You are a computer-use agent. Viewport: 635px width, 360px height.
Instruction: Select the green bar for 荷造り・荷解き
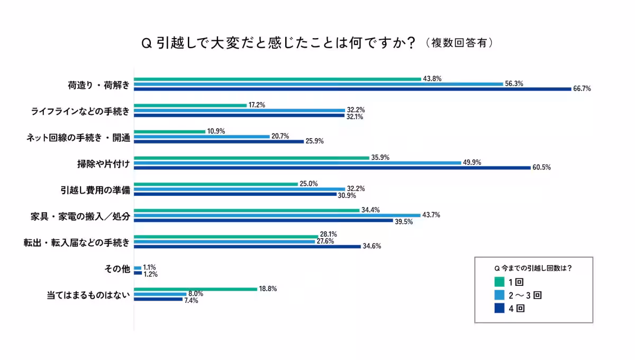coord(278,79)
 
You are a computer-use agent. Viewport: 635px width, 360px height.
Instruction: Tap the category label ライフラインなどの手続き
coord(79,110)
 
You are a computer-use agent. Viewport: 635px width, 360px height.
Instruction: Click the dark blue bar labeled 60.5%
coord(332,168)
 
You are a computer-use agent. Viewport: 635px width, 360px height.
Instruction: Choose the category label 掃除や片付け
coord(100,163)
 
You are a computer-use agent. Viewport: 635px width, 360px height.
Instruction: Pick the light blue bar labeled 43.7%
coord(277,215)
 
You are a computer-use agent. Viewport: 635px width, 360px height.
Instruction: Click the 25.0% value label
coord(309,183)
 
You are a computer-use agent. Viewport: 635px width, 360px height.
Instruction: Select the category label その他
coord(116,268)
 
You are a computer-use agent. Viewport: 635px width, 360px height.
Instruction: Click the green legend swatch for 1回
coord(498,281)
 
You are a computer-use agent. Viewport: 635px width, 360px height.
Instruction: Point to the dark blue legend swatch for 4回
coord(498,309)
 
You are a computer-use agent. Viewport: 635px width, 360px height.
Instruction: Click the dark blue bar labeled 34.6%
coord(248,247)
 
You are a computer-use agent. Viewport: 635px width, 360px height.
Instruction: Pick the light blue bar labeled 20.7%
coord(202,137)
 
